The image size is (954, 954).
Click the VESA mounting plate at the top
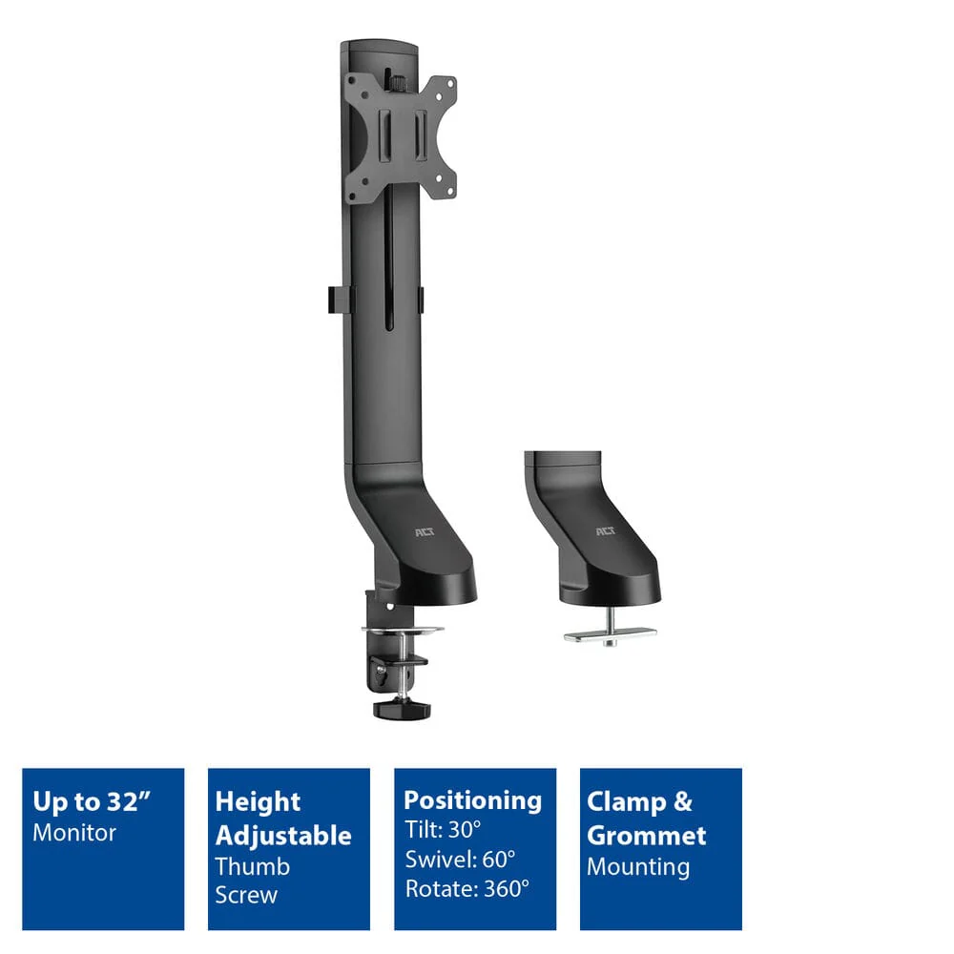point(401,137)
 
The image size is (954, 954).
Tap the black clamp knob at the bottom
point(402,710)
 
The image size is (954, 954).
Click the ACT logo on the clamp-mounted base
point(425,532)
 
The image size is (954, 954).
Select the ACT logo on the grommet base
point(606,531)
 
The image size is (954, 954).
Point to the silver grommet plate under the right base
point(611,635)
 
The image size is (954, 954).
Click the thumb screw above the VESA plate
point(397,81)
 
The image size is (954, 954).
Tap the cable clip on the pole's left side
point(338,300)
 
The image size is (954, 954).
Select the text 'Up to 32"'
point(92,801)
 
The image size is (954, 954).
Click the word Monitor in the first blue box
point(74,832)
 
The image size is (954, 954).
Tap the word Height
point(258,802)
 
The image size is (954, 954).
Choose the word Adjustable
point(283,836)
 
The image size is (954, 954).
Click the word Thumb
point(253,866)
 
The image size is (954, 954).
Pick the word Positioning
point(473,800)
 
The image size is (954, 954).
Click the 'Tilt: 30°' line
point(443,829)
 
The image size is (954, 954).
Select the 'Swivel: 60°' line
point(461,860)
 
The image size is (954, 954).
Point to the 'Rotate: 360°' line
point(467,889)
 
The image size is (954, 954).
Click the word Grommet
point(647,836)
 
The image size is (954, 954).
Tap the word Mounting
point(638,867)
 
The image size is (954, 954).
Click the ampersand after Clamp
point(683,801)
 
